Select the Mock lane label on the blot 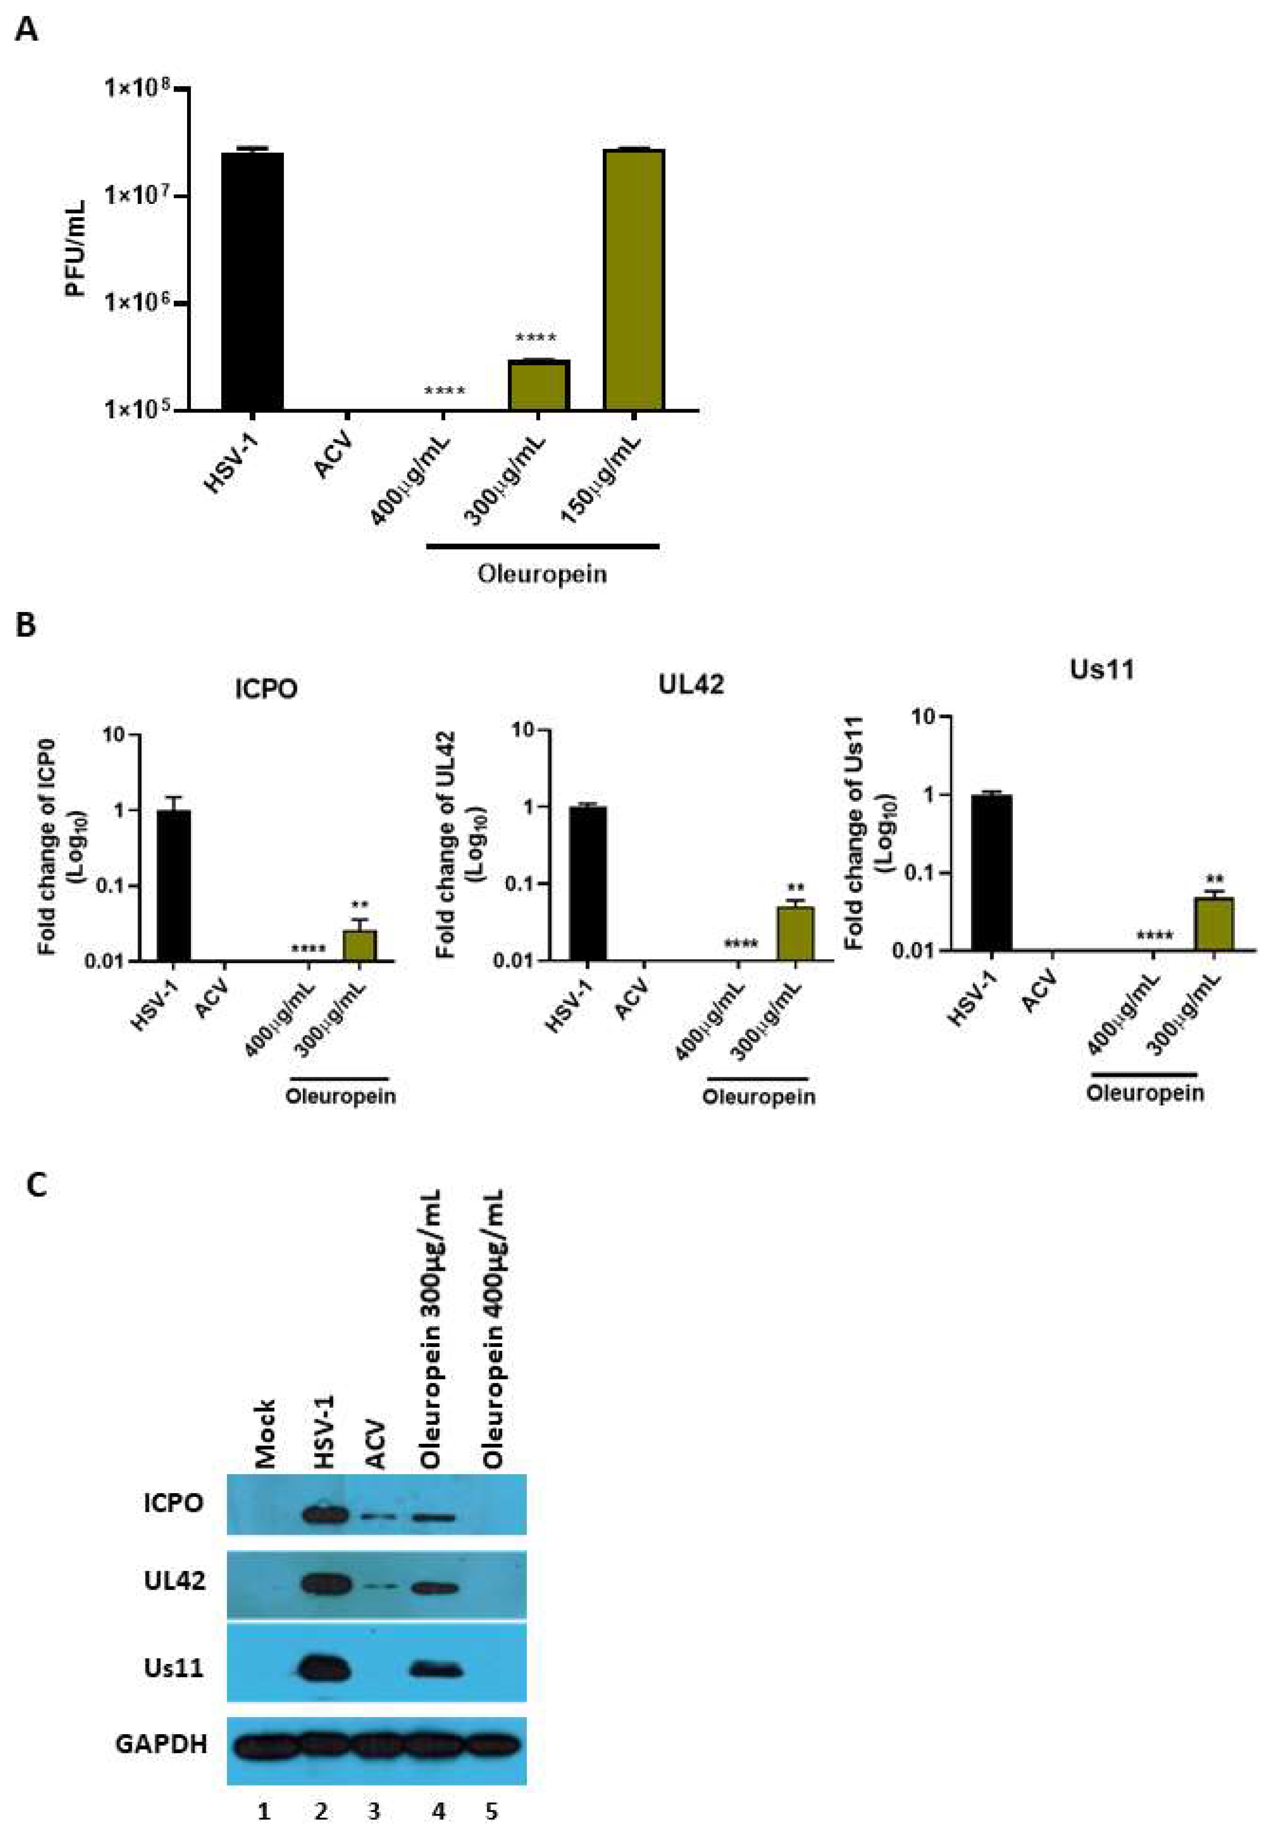[x=265, y=1433]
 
